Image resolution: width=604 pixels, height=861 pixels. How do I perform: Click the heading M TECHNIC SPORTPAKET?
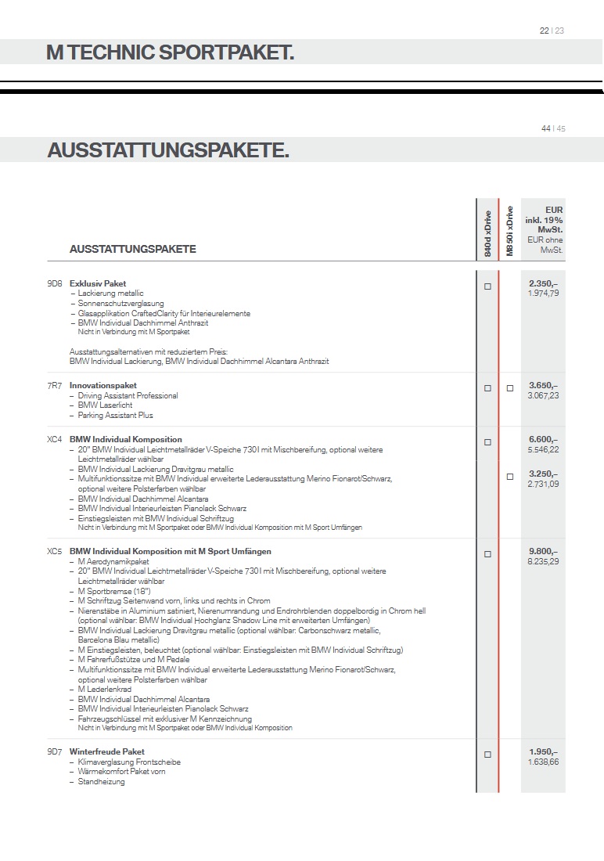coord(170,53)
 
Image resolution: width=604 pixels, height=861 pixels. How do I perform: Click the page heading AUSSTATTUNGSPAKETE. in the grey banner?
coord(168,150)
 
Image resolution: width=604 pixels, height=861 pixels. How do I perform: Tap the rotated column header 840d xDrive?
coord(487,233)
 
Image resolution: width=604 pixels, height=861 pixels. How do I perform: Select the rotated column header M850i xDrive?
coord(509,231)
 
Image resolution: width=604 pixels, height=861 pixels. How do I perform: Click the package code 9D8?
coord(54,283)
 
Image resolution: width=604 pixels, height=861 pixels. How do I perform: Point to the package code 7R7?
coord(54,385)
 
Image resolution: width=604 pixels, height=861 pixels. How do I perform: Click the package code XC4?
coord(54,440)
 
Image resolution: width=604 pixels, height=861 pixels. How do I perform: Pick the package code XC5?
coord(54,552)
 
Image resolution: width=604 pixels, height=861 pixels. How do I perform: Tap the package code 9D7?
coord(54,751)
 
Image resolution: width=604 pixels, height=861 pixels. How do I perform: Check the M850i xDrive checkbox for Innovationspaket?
coord(509,388)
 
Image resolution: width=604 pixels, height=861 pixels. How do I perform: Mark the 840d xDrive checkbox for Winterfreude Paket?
coord(487,755)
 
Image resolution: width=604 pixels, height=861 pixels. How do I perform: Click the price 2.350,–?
coord(543,283)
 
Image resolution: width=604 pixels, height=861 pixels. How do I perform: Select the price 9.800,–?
coord(543,552)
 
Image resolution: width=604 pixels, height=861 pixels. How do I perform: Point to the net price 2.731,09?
coord(543,485)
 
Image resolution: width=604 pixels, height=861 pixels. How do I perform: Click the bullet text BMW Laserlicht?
coord(105,405)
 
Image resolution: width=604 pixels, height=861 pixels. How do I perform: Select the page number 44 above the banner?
coord(545,128)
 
